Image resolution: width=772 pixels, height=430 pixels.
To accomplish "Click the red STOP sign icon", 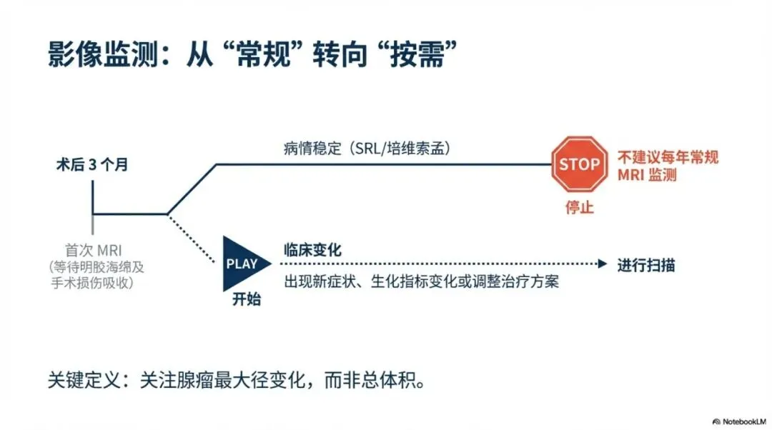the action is point(579,164).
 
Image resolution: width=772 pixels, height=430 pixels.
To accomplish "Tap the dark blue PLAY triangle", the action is point(243,264).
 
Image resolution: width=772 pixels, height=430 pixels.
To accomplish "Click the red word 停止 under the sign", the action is point(578,209).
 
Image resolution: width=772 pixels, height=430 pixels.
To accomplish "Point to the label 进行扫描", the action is point(646,266).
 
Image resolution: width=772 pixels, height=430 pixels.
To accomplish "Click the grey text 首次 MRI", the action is point(92,251).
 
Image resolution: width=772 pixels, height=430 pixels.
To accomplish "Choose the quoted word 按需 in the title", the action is point(415,54).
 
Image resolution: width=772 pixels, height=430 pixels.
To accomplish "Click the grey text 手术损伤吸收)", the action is point(93,283).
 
